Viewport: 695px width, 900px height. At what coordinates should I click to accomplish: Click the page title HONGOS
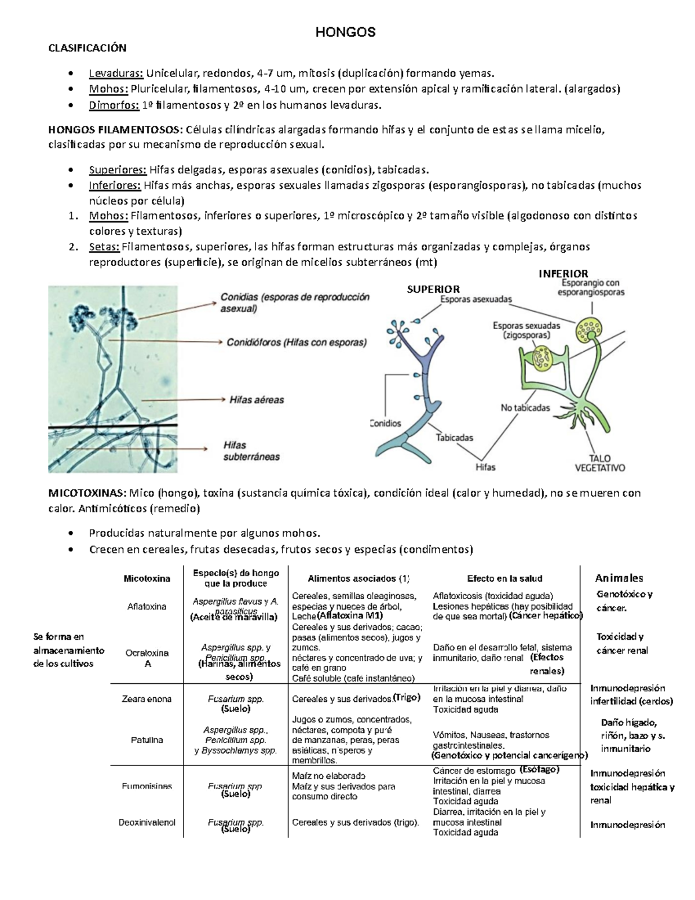(345, 32)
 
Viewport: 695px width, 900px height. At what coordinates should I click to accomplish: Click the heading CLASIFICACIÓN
(87, 48)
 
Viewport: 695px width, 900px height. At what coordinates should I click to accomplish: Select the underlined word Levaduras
(115, 73)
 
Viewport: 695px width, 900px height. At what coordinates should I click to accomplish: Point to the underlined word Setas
(104, 247)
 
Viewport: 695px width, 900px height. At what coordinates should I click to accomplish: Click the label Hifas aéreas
(257, 400)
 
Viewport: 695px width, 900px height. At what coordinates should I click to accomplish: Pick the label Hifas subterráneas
(251, 451)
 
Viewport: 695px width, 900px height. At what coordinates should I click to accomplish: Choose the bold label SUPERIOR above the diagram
(433, 289)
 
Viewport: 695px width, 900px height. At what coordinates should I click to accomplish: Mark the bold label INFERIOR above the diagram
(563, 274)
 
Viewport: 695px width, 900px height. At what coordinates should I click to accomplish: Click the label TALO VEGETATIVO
(600, 462)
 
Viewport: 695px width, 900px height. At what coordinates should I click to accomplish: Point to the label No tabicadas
(525, 408)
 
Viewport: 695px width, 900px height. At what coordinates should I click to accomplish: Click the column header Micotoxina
(147, 578)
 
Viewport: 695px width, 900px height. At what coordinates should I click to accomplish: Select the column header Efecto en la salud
(504, 578)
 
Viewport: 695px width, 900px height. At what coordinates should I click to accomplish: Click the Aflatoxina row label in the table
(147, 606)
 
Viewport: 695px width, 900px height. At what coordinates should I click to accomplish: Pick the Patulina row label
(147, 740)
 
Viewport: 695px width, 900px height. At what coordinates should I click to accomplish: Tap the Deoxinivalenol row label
(147, 822)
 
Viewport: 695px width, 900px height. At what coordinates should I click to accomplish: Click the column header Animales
(619, 578)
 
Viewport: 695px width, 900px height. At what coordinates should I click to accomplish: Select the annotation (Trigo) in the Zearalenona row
(406, 697)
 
